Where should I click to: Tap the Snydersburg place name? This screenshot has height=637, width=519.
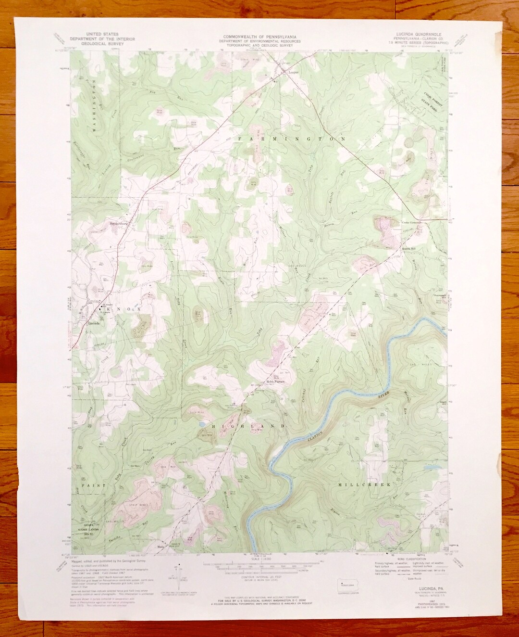point(118,223)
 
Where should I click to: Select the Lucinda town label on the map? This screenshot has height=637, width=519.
point(95,323)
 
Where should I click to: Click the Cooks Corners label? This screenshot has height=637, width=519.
point(411,223)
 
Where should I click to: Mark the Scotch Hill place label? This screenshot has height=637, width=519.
point(408,248)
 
